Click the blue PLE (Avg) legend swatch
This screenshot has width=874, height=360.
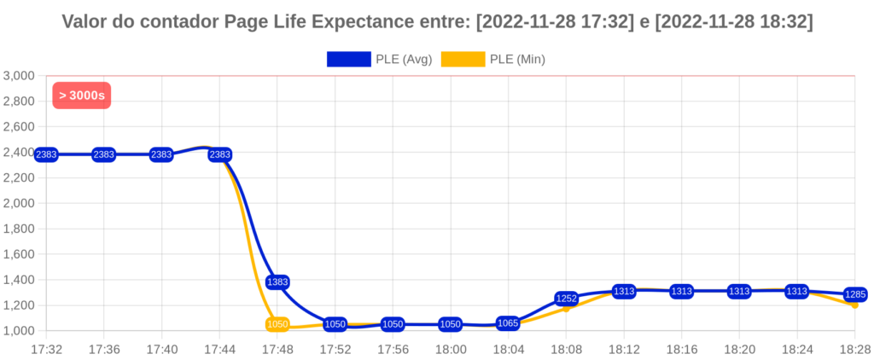point(349,59)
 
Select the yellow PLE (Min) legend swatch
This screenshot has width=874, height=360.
point(463,59)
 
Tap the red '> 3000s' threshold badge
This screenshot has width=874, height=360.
point(82,95)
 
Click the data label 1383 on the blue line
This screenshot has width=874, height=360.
point(277,282)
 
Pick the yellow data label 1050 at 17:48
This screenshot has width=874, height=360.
point(277,324)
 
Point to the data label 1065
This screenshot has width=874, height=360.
point(508,323)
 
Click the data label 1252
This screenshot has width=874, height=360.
point(567,299)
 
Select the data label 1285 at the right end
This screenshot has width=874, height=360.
point(855,294)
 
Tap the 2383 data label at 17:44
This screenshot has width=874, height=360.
point(219,154)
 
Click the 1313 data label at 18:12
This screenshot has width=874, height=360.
point(624,291)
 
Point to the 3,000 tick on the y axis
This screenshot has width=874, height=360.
point(18,76)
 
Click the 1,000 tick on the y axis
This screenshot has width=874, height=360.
point(18,331)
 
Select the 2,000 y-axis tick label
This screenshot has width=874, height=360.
point(18,203)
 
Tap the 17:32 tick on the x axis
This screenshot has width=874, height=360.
point(46,349)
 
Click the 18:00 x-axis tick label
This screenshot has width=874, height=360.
point(451,349)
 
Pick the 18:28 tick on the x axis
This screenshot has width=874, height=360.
point(854,349)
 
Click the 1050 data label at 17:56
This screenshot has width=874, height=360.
point(393,324)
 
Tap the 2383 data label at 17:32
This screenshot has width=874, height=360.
point(46,154)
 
